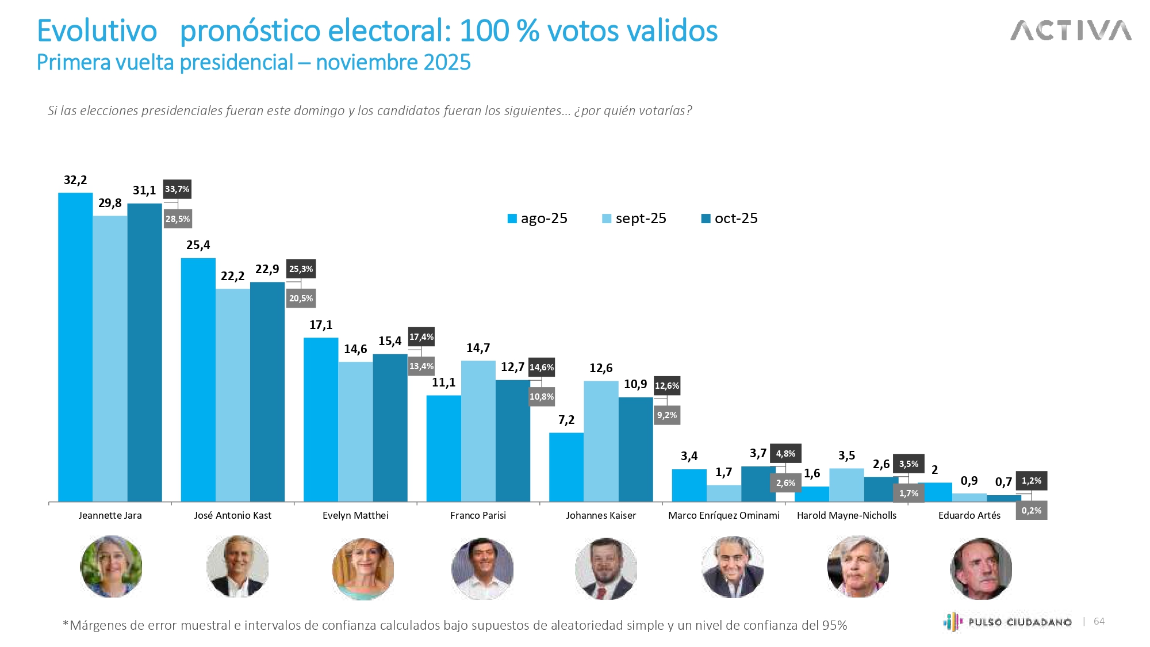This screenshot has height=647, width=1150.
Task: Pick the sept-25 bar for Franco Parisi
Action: coord(478,431)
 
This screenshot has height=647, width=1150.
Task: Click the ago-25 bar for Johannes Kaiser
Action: coord(566,467)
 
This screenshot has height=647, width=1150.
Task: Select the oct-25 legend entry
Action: coord(729,219)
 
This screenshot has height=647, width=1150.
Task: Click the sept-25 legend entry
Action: coord(634,219)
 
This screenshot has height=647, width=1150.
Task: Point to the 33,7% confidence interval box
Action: coord(177,189)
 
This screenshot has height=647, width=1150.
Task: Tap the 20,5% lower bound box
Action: coord(301,298)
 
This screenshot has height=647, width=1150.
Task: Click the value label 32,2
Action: coord(75,180)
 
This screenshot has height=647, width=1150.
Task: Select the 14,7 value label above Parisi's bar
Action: coord(478,348)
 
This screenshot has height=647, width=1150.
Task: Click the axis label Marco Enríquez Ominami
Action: coord(723,515)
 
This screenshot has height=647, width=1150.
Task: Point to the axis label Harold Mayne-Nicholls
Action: coord(846,515)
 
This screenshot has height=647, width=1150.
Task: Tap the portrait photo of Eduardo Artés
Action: coord(980,568)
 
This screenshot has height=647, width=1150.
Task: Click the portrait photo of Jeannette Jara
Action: coord(111,566)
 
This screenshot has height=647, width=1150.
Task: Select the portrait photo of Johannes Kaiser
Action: coord(605,568)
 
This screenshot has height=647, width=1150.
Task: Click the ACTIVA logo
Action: coord(1071,31)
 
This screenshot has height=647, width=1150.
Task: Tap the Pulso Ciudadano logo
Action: coord(1007,622)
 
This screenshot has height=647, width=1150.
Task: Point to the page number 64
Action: coord(1099,621)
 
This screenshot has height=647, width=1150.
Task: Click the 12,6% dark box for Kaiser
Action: coord(667,386)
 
